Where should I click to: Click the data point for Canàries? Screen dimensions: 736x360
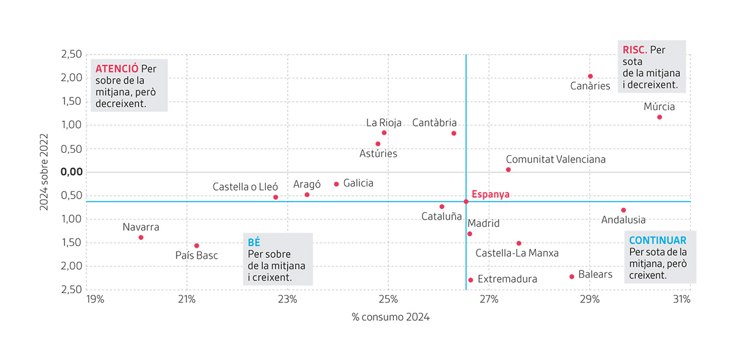point(591,76)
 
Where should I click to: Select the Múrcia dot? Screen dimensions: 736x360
point(659,117)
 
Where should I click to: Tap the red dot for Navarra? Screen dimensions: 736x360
point(141,237)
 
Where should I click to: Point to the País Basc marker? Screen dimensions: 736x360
point(196,246)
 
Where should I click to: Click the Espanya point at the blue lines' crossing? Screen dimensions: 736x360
point(466,201)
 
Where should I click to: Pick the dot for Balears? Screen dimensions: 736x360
point(572,277)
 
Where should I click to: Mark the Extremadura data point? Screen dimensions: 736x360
point(470,280)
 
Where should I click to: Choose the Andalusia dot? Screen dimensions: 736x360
point(624,210)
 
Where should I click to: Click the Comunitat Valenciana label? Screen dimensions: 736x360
point(556,159)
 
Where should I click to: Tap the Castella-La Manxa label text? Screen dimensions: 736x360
point(517,253)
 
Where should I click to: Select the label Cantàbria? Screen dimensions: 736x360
point(434,123)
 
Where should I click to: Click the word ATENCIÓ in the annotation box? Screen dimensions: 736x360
point(117,69)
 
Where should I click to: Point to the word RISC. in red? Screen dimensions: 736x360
point(635,50)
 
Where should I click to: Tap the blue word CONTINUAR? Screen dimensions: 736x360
point(657,240)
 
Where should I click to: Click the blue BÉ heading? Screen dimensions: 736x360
point(254,242)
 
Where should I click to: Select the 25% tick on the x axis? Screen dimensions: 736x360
point(388,299)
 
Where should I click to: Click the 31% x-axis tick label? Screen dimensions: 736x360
point(682,299)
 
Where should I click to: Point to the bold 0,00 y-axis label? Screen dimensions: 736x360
point(72,172)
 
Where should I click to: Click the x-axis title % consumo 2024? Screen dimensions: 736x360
point(390,317)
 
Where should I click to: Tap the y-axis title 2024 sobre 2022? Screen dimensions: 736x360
point(44,172)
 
